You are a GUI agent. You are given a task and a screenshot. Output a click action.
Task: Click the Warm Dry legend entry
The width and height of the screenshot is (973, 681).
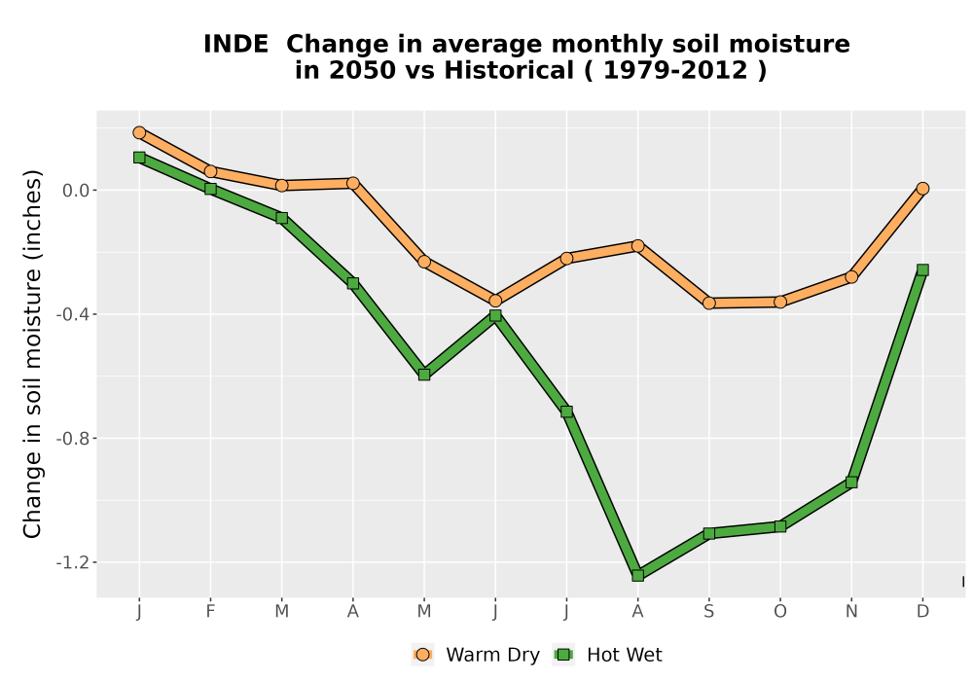click(x=476, y=655)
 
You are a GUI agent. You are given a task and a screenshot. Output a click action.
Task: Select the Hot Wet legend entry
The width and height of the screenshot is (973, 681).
click(x=607, y=655)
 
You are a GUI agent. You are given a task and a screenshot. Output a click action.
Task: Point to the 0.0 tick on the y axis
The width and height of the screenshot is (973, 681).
click(x=76, y=191)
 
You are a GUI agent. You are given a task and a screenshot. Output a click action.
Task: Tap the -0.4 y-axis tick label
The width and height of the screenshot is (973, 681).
click(x=73, y=314)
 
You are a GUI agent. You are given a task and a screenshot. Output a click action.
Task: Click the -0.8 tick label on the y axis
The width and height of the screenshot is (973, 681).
click(x=73, y=439)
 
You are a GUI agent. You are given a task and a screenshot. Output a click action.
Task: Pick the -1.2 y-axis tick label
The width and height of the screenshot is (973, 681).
click(x=73, y=562)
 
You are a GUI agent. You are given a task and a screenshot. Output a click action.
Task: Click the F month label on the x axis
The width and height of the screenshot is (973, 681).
click(x=210, y=612)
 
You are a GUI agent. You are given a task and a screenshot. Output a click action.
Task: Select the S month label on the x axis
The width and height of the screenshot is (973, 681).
click(x=709, y=612)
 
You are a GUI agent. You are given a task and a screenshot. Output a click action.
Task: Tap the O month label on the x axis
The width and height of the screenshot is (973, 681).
click(x=780, y=612)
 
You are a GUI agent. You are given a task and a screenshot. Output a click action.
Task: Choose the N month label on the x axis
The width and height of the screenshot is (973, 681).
click(x=851, y=612)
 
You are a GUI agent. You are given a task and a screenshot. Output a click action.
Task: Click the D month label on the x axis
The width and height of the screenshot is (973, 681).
click(x=922, y=612)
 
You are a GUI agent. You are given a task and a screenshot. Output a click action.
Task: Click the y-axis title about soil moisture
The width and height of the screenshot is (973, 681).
click(x=32, y=354)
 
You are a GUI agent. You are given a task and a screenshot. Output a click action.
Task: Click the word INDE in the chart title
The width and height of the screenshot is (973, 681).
click(x=235, y=45)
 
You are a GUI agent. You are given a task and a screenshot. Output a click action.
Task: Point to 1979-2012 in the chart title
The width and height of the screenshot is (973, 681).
click(x=675, y=71)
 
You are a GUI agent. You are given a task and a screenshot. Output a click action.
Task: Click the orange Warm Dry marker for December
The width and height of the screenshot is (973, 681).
click(x=922, y=189)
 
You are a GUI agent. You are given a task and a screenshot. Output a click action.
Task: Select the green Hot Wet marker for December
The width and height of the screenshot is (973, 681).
click(x=922, y=269)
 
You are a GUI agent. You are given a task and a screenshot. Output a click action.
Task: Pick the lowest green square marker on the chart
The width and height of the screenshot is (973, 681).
click(x=638, y=576)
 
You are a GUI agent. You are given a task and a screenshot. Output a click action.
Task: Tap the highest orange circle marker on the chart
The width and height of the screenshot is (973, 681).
click(x=139, y=132)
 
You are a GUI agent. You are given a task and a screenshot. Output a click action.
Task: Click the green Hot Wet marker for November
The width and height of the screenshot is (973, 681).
click(x=851, y=482)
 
